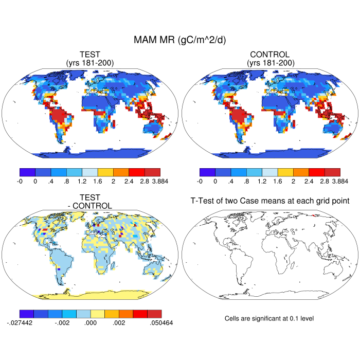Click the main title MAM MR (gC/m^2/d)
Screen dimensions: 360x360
click(x=180, y=40)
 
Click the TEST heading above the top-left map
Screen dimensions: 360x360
click(x=90, y=55)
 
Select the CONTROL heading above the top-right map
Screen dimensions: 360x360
click(x=270, y=55)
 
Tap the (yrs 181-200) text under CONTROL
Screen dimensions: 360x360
click(x=270, y=63)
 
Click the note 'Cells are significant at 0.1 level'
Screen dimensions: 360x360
click(x=269, y=318)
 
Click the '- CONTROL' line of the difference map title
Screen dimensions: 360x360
click(x=90, y=206)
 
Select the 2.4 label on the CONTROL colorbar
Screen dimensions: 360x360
click(x=309, y=181)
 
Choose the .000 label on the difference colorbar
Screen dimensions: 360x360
click(x=91, y=322)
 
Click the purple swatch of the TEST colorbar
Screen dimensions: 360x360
click(x=27, y=172)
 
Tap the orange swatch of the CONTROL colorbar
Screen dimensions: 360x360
click(x=301, y=172)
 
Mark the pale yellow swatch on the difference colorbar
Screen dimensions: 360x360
click(x=98, y=313)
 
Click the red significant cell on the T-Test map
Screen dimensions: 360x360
click(x=315, y=215)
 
